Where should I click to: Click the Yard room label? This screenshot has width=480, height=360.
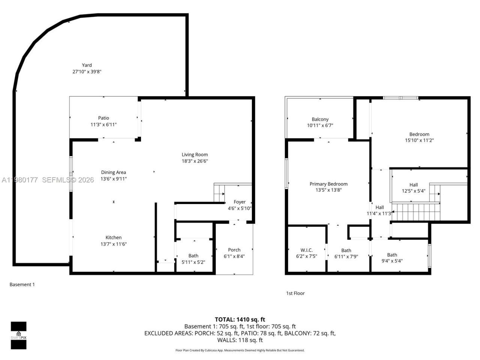tap(87, 65)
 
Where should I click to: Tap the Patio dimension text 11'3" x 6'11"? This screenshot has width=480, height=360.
tap(103, 124)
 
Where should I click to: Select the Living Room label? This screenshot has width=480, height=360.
tap(195, 154)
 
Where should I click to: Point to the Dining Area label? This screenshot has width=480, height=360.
tap(113, 172)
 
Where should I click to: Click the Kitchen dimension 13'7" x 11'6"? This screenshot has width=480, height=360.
tap(113, 244)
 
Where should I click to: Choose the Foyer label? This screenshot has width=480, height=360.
tap(240, 202)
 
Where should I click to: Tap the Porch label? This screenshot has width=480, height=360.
tap(234, 250)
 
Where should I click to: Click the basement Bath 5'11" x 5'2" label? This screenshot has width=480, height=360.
tap(193, 256)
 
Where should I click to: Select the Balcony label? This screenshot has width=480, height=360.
tap(320, 119)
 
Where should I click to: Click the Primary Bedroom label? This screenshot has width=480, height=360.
tap(328, 184)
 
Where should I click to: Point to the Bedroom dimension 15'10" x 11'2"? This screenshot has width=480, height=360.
tap(419, 141)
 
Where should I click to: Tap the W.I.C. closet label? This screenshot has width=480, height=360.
tap(306, 250)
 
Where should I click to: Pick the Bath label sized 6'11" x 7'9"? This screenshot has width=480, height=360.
tap(346, 250)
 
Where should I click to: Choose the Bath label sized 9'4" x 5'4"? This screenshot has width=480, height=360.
tap(392, 255)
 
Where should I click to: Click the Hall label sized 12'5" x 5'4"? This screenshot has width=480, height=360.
tap(414, 184)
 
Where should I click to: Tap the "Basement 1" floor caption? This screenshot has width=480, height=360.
tap(22, 285)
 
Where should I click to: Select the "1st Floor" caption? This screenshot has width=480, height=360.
tap(295, 293)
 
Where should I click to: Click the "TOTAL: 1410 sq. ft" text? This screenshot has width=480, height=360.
tap(240, 319)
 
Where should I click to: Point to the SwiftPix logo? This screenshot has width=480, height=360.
tap(18, 335)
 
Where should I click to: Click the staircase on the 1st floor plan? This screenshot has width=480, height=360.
tap(414, 212)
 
